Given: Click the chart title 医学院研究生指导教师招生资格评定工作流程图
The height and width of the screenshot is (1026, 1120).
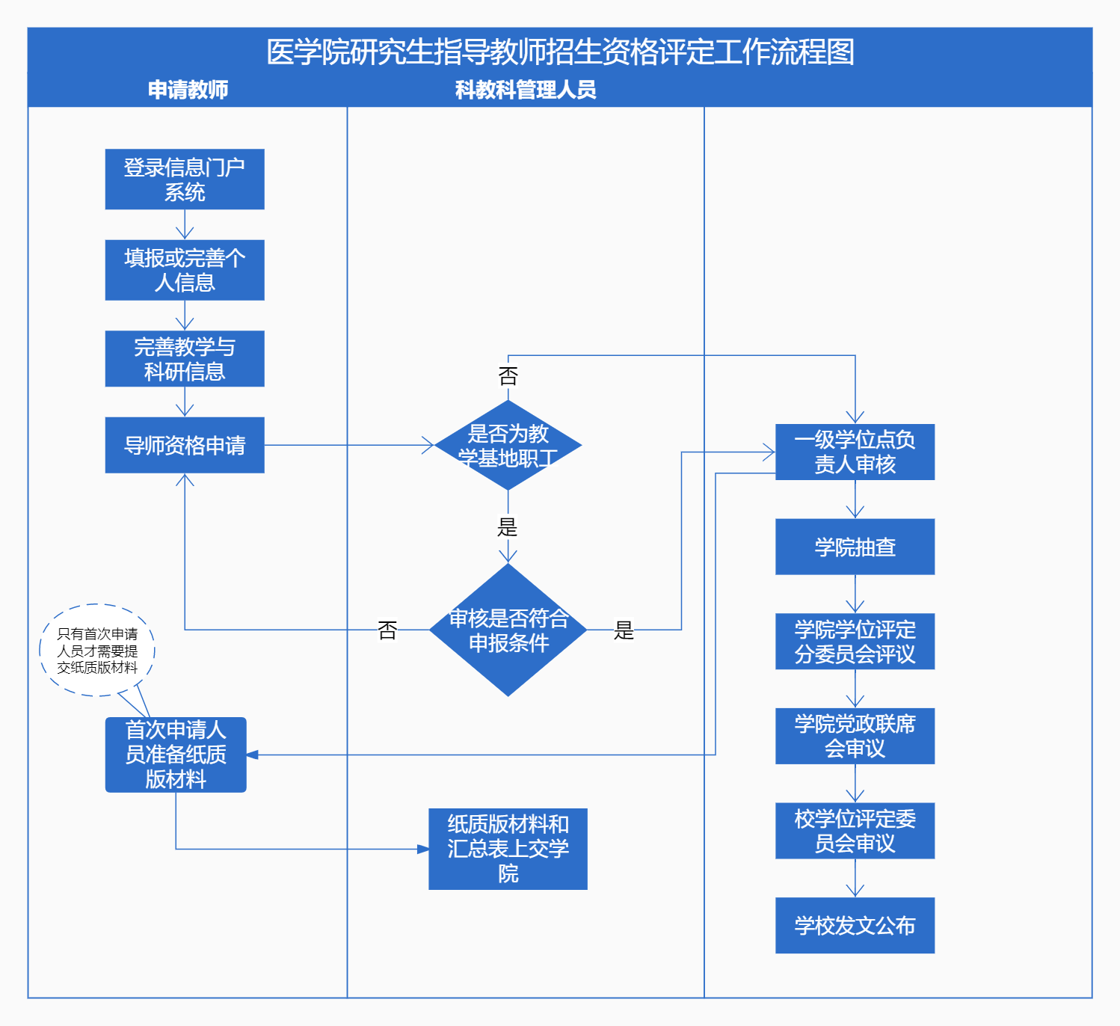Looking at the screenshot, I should [x=560, y=52].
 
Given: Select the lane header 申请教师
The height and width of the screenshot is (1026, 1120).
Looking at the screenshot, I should [x=188, y=90].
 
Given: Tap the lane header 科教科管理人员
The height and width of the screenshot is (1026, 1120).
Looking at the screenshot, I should [x=526, y=90].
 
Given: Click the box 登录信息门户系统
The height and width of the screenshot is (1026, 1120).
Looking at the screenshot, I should [x=185, y=179].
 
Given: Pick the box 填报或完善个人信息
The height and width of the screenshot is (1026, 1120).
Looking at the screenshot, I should [x=185, y=270].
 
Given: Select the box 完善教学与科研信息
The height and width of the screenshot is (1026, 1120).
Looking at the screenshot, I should [x=185, y=359].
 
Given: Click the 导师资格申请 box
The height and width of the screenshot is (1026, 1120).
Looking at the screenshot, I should [x=185, y=446].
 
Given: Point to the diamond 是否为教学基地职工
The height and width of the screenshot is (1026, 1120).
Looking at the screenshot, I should [x=508, y=446].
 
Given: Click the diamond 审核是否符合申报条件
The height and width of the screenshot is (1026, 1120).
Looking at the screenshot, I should [x=508, y=630].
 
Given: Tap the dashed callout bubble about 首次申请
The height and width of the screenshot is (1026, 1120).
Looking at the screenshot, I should [x=97, y=650].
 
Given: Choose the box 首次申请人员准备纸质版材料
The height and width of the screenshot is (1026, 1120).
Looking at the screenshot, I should [x=176, y=755].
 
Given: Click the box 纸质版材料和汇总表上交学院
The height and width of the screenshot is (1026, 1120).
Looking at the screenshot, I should [x=508, y=849].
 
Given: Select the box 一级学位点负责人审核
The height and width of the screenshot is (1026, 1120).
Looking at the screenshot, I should [x=855, y=452].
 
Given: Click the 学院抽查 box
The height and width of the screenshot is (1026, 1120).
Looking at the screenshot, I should [x=855, y=547].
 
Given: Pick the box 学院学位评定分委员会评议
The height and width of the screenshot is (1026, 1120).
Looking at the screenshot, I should [x=855, y=642].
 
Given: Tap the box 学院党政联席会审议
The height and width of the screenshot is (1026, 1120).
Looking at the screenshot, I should [x=855, y=736].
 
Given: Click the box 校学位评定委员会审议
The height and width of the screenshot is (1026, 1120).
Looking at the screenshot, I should [x=855, y=831].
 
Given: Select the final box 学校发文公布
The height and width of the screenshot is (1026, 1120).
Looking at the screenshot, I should [x=855, y=925].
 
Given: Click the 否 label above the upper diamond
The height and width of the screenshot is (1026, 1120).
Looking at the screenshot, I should [x=508, y=375].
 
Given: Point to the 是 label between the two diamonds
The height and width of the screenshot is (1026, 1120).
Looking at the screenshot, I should [x=508, y=527].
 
